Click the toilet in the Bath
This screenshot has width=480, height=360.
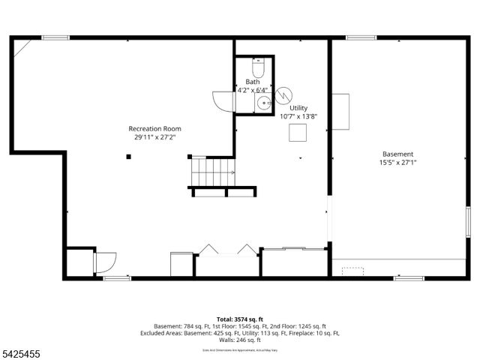[257, 70]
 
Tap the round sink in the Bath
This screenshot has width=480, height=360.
[262, 103]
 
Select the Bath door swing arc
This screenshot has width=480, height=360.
[223, 100]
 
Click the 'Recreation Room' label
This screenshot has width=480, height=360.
[154, 129]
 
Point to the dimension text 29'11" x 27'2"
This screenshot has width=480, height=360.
[154, 137]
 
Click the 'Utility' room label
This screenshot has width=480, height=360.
[298, 108]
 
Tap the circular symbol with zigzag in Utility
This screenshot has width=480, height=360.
[283, 95]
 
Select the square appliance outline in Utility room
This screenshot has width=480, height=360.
[298, 132]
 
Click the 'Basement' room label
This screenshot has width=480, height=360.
[397, 154]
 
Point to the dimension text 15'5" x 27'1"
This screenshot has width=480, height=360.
[397, 162]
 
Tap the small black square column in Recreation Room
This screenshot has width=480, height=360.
[129, 156]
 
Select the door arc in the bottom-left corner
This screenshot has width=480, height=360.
[105, 261]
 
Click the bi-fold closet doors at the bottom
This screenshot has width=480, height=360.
[228, 250]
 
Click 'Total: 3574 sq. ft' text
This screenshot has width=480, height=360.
[240, 319]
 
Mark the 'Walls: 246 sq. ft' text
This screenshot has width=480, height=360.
[240, 339]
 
